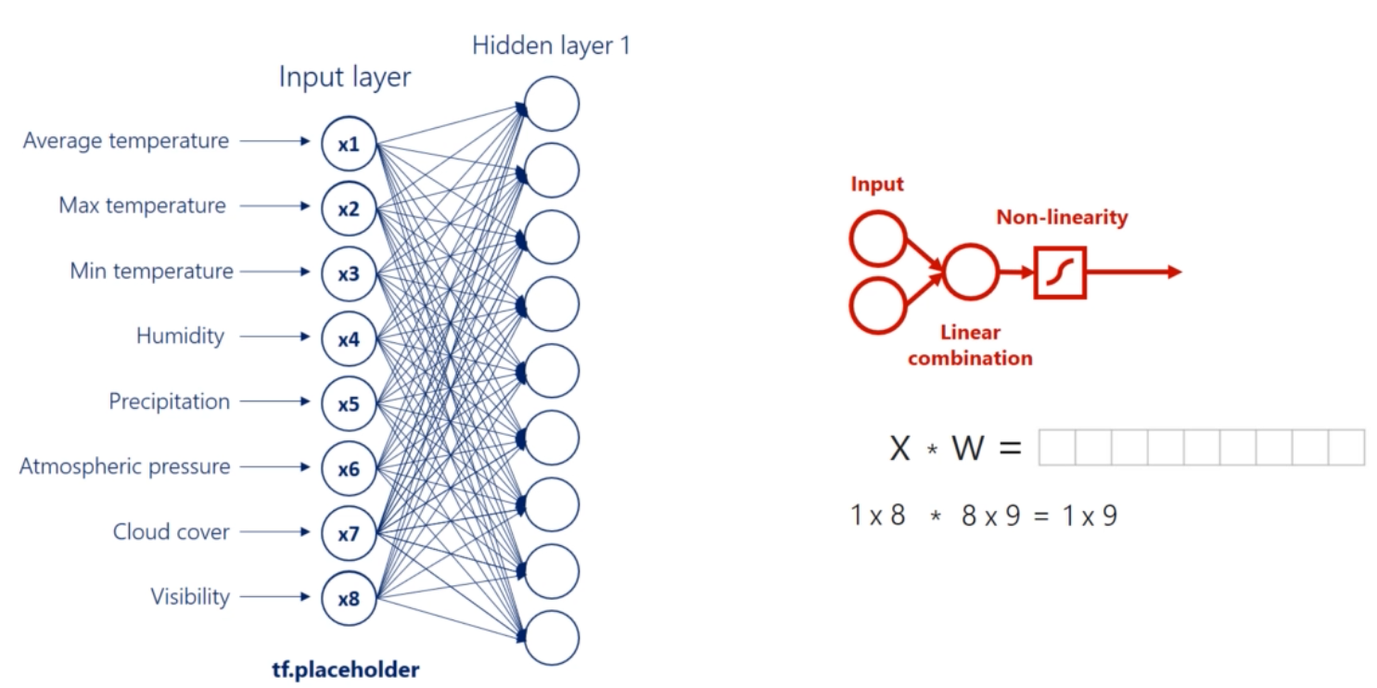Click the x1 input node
pyautogui.click(x=348, y=145)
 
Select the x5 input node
pyautogui.click(x=348, y=404)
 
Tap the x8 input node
pyautogui.click(x=348, y=599)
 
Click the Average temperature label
pyautogui.click(x=125, y=141)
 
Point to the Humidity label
pyautogui.click(x=180, y=336)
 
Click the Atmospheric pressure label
pyautogui.click(x=124, y=466)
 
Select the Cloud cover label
pyautogui.click(x=171, y=532)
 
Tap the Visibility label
pyautogui.click(x=189, y=597)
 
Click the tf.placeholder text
pyautogui.click(x=345, y=669)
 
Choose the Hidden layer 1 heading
pyautogui.click(x=551, y=46)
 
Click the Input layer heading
pyautogui.click(x=344, y=78)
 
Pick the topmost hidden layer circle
pyautogui.click(x=551, y=104)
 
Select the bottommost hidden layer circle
pyautogui.click(x=551, y=638)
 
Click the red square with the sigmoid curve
pyautogui.click(x=1059, y=272)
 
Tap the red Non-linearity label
pyautogui.click(x=1062, y=218)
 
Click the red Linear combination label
pyautogui.click(x=970, y=345)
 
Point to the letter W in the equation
pyautogui.click(x=967, y=449)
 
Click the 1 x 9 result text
pyautogui.click(x=1090, y=516)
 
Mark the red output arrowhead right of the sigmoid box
pyautogui.click(x=1175, y=272)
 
